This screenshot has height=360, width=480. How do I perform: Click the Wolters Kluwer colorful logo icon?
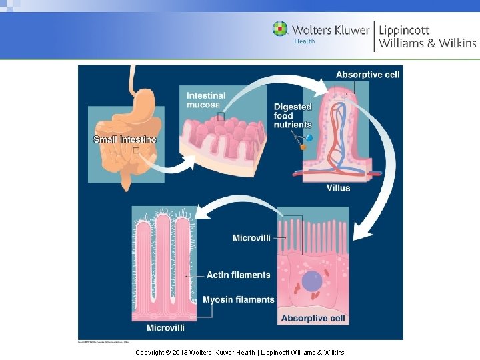(x=280, y=29)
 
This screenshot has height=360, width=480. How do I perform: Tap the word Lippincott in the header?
(x=404, y=30)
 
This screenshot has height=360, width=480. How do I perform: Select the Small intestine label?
(x=125, y=139)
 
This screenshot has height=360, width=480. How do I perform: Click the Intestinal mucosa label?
(x=207, y=100)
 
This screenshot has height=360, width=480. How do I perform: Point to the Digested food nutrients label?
(x=293, y=115)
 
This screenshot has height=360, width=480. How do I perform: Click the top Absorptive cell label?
(x=367, y=75)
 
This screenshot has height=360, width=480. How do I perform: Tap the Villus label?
(x=338, y=188)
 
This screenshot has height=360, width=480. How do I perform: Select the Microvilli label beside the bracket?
(x=251, y=238)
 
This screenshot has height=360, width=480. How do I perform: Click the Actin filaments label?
(x=238, y=275)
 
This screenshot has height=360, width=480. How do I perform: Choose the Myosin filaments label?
(x=239, y=299)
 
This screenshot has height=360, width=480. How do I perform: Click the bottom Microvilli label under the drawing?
(x=165, y=328)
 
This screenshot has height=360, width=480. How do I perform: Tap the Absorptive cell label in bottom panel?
(x=313, y=318)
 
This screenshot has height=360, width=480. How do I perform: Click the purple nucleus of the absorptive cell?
(x=311, y=281)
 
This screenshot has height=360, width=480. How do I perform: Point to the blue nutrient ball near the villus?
(x=309, y=138)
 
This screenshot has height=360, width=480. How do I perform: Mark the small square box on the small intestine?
(x=136, y=151)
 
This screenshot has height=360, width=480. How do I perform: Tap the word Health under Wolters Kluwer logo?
(x=304, y=41)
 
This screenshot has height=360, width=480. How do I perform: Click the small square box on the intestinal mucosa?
(x=220, y=116)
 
